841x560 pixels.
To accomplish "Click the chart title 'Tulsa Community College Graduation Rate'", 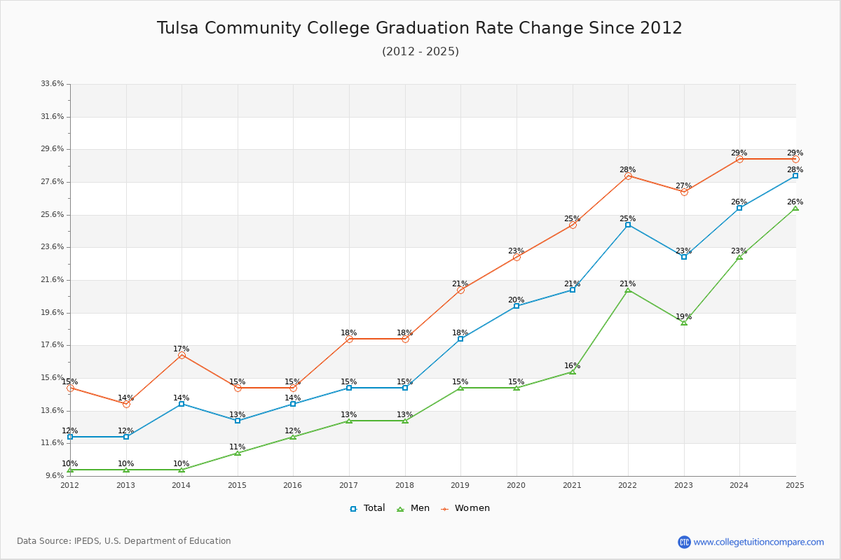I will [x=419, y=28].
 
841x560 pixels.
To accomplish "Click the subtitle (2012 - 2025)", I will [x=420, y=52].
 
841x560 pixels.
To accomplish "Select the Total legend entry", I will [x=367, y=508].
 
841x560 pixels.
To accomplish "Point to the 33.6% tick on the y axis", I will [x=53, y=84].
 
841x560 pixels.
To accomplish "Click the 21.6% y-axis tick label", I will [x=53, y=280].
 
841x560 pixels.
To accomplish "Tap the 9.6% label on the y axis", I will [x=54, y=476].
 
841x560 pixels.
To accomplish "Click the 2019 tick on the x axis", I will [x=460, y=485].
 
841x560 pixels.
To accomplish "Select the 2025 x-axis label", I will [x=795, y=485].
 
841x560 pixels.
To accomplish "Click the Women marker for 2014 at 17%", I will [x=182, y=356].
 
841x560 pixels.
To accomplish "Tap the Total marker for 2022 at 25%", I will [x=628, y=225].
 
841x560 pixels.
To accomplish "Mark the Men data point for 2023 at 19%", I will [x=684, y=323].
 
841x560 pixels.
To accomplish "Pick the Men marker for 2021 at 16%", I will [x=573, y=372].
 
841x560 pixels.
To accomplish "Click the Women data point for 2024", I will [x=739, y=159].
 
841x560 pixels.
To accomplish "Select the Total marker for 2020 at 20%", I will [x=517, y=306].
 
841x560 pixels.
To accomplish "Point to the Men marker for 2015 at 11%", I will [x=238, y=453].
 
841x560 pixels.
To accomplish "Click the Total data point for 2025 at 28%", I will [x=795, y=176].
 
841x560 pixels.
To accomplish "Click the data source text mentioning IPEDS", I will [x=124, y=541].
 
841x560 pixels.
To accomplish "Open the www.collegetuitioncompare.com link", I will [x=758, y=542].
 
